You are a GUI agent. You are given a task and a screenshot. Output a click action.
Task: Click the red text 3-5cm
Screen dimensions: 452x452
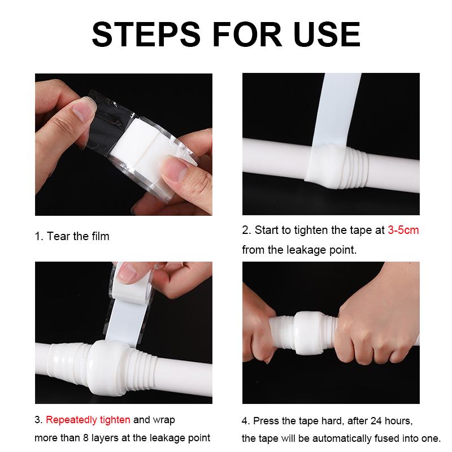point(403,230)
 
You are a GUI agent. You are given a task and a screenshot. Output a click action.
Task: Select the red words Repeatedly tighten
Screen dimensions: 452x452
point(88,420)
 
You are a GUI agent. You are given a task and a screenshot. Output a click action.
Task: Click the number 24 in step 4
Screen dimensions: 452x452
point(376,421)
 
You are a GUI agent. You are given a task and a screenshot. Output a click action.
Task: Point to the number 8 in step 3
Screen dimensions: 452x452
point(86,438)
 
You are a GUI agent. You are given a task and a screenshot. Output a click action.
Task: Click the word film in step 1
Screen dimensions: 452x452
point(101,236)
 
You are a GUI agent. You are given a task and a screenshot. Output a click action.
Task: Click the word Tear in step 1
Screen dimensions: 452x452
point(59,236)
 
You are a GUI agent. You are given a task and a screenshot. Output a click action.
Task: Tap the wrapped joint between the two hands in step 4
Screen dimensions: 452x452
point(308,332)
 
